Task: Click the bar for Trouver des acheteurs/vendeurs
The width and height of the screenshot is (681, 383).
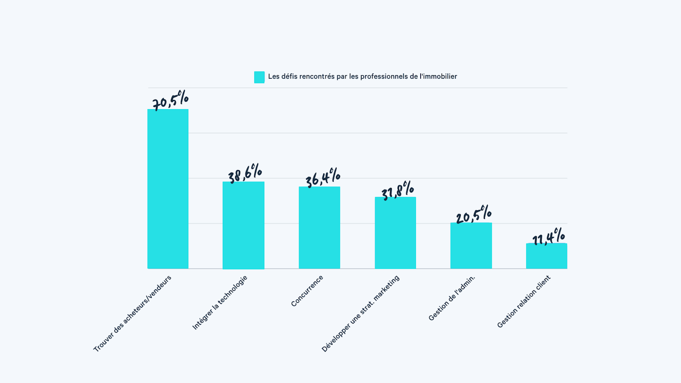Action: click(168, 189)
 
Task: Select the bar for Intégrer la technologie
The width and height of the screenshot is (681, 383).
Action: click(243, 225)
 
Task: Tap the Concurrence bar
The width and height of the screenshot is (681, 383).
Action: click(319, 227)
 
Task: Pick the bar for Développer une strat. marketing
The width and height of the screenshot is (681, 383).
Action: click(395, 233)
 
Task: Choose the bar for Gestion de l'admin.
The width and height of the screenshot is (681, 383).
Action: click(471, 245)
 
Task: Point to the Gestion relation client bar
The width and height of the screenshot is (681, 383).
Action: click(546, 256)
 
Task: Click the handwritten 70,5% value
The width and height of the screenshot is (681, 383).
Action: click(170, 100)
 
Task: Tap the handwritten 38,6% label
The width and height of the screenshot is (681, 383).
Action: click(245, 173)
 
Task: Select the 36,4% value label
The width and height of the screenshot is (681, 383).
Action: click(323, 177)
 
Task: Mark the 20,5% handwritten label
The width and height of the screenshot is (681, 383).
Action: click(474, 215)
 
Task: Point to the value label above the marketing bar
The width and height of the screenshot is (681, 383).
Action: click(398, 190)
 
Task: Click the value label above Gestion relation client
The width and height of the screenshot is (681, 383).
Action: click(548, 237)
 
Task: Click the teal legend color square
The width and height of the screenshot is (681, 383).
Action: click(259, 77)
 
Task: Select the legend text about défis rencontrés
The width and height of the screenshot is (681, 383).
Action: click(362, 77)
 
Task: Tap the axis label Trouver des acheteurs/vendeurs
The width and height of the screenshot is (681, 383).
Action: click(133, 313)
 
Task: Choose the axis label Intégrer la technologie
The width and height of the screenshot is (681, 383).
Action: click(220, 302)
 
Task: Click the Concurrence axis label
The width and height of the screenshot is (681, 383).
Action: click(307, 290)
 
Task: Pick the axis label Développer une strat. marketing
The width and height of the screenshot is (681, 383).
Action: click(361, 313)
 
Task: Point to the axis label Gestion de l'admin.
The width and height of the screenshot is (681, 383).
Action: click(452, 298)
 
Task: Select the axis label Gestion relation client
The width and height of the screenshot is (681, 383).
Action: click(524, 301)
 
